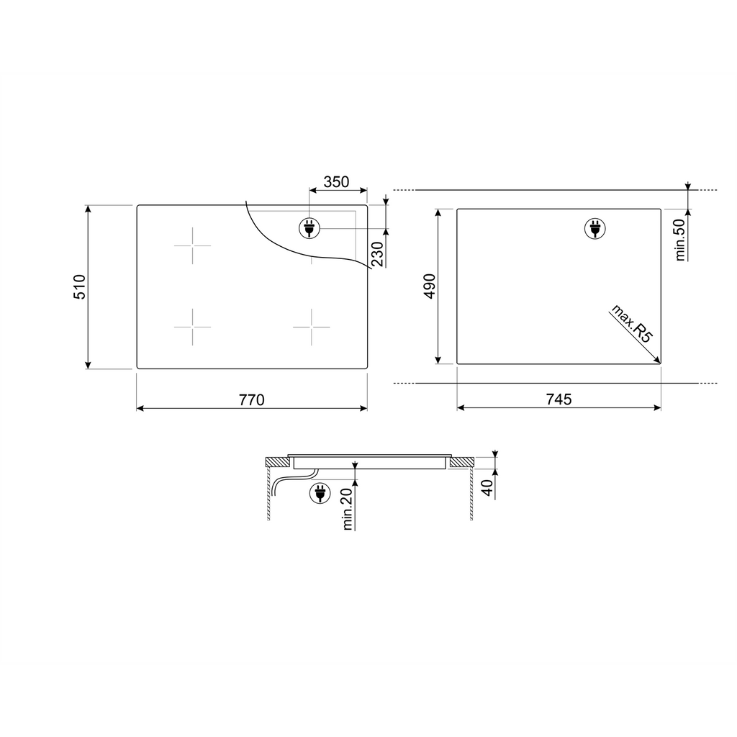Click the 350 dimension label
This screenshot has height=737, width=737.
point(336,182)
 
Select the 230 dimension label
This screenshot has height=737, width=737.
point(378,254)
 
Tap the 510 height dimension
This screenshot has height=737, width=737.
point(79,286)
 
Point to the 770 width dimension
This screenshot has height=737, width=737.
point(252,400)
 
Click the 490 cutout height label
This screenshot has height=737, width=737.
point(430,286)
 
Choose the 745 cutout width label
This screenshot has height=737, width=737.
point(559,399)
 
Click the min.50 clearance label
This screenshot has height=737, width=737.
point(680,240)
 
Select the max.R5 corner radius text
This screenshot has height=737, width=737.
point(632,324)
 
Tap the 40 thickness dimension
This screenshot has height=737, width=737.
point(488,488)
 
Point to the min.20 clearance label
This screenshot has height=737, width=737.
point(348,509)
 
